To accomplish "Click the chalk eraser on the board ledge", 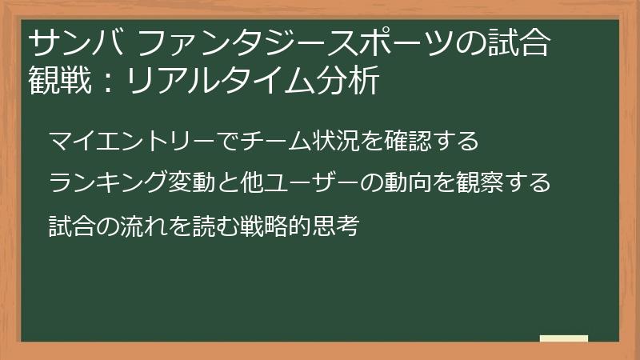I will [x=563, y=338].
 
